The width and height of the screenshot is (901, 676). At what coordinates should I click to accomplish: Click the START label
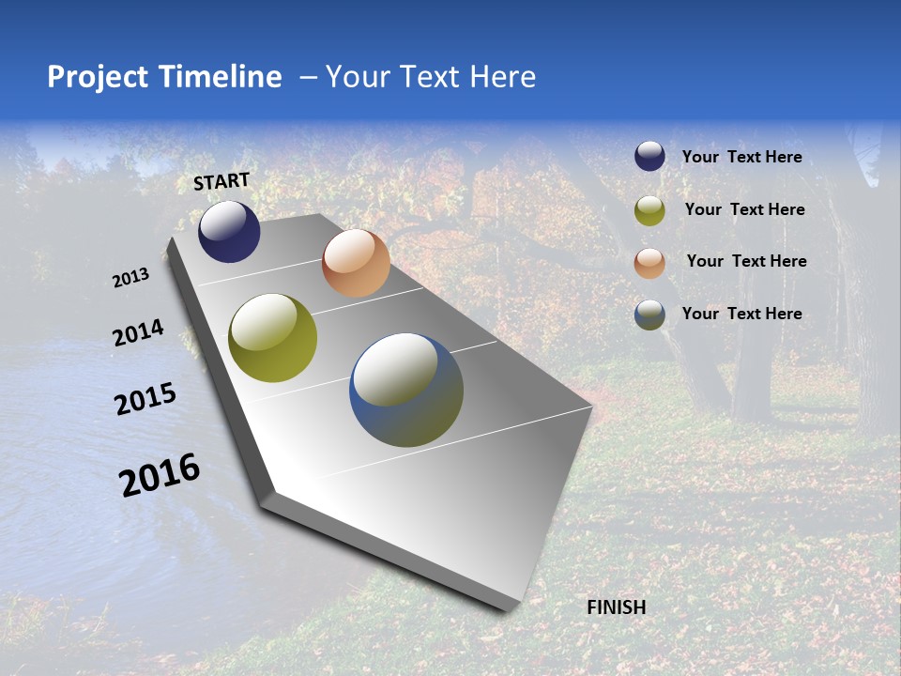click(221, 181)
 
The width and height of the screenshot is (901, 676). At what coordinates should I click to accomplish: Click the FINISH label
click(616, 607)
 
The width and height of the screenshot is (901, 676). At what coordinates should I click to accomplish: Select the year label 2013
click(131, 278)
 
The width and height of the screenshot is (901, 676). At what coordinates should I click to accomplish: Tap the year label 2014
click(139, 333)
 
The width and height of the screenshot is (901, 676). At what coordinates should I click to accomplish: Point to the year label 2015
click(145, 399)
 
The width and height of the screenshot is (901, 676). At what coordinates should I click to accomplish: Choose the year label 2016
click(160, 475)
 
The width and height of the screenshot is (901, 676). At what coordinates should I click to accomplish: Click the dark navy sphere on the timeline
click(229, 232)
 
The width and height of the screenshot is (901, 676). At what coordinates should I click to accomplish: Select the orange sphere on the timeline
click(356, 263)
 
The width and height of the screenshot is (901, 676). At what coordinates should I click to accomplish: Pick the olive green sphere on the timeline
click(272, 338)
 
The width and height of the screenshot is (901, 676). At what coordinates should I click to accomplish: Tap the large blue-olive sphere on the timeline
click(406, 390)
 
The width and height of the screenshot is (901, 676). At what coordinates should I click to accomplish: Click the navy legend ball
click(649, 157)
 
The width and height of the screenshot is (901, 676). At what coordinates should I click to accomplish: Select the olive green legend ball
click(649, 210)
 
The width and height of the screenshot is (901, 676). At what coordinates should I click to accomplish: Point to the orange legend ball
click(649, 263)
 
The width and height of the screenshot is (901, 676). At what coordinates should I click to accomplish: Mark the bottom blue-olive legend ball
click(649, 315)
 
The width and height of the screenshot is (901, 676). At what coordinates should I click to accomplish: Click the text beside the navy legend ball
click(741, 158)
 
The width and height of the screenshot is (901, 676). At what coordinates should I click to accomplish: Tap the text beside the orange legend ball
click(746, 261)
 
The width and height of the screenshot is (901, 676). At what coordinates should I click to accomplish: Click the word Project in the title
click(97, 77)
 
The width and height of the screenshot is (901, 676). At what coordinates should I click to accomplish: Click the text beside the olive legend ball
click(744, 209)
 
